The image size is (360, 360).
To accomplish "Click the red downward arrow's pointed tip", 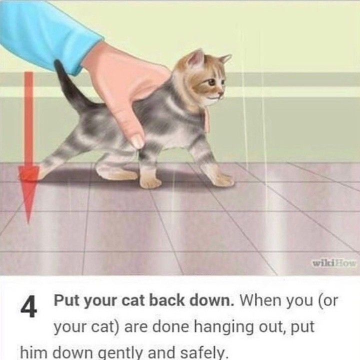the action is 28,222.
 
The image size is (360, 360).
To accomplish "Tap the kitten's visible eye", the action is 211,81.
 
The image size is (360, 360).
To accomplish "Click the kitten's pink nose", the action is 221,93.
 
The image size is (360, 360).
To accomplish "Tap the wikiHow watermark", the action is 334,263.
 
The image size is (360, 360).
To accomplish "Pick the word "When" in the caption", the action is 257,300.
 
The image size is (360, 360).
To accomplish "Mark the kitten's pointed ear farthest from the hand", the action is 225,58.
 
